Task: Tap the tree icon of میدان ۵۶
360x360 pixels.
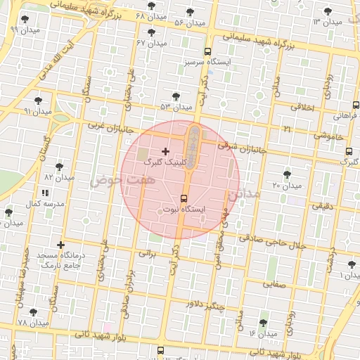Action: click(190, 12)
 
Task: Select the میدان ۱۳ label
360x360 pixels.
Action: click(327, 22)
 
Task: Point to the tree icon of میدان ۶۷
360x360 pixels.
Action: click(152, 32)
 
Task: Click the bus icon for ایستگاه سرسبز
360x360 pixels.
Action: click(207, 51)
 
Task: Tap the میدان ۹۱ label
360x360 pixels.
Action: click(37, 111)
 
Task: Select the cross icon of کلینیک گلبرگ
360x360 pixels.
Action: click(165, 151)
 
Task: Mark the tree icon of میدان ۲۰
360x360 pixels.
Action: click(286, 174)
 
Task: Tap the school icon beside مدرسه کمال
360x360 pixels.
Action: click(45, 192)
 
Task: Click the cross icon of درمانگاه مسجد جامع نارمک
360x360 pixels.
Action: click(62, 245)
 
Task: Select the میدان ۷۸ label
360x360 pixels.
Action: click(33, 323)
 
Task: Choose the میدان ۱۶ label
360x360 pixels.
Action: click(263, 333)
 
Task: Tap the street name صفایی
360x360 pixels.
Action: click(274, 285)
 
